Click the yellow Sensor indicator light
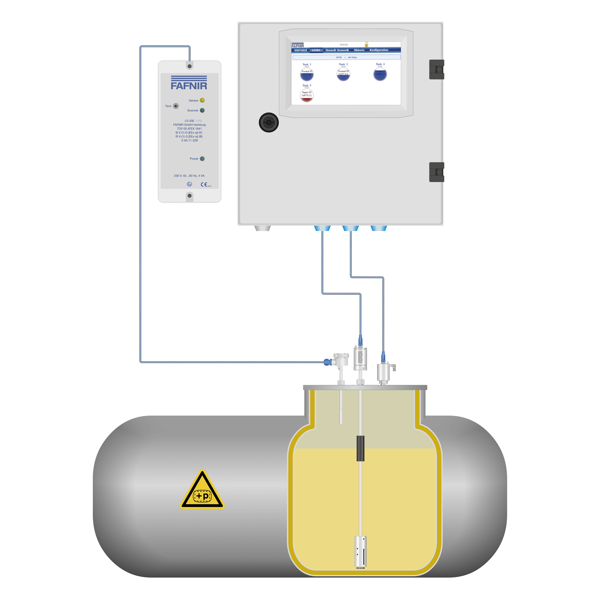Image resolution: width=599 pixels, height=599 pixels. [x=202, y=100]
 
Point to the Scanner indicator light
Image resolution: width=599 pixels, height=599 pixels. [x=202, y=110]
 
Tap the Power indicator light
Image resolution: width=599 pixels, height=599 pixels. [x=202, y=159]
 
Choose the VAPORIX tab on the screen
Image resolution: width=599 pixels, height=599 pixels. [x=300, y=50]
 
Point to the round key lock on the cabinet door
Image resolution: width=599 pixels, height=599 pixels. [x=268, y=122]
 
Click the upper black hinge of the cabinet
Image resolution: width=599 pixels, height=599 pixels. [x=437, y=69]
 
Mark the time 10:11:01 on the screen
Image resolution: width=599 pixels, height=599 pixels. [x=343, y=45]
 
